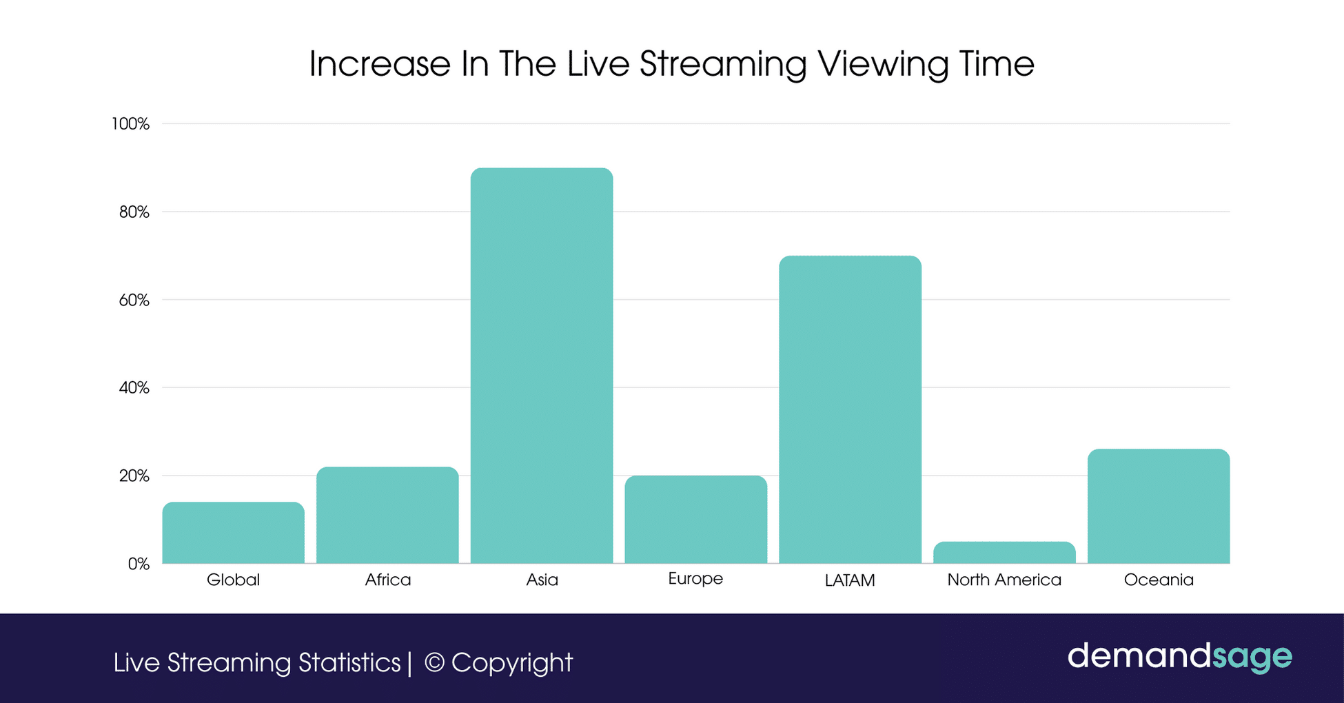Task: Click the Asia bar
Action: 542,365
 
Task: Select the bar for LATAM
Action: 850,409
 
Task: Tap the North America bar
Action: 1004,553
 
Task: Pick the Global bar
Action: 233,533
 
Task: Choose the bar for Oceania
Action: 1159,507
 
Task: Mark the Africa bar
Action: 387,516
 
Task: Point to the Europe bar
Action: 695,520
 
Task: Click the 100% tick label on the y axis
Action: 130,124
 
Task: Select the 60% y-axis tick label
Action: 134,300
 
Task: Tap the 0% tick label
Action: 139,564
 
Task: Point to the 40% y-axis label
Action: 134,388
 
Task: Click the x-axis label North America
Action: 1004,580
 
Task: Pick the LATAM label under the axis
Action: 850,580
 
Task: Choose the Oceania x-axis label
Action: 1159,580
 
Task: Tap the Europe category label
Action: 695,578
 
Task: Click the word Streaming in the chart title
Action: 723,65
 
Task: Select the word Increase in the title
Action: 380,64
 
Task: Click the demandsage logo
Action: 1179,656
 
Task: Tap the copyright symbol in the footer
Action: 434,662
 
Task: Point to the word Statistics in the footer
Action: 349,662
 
